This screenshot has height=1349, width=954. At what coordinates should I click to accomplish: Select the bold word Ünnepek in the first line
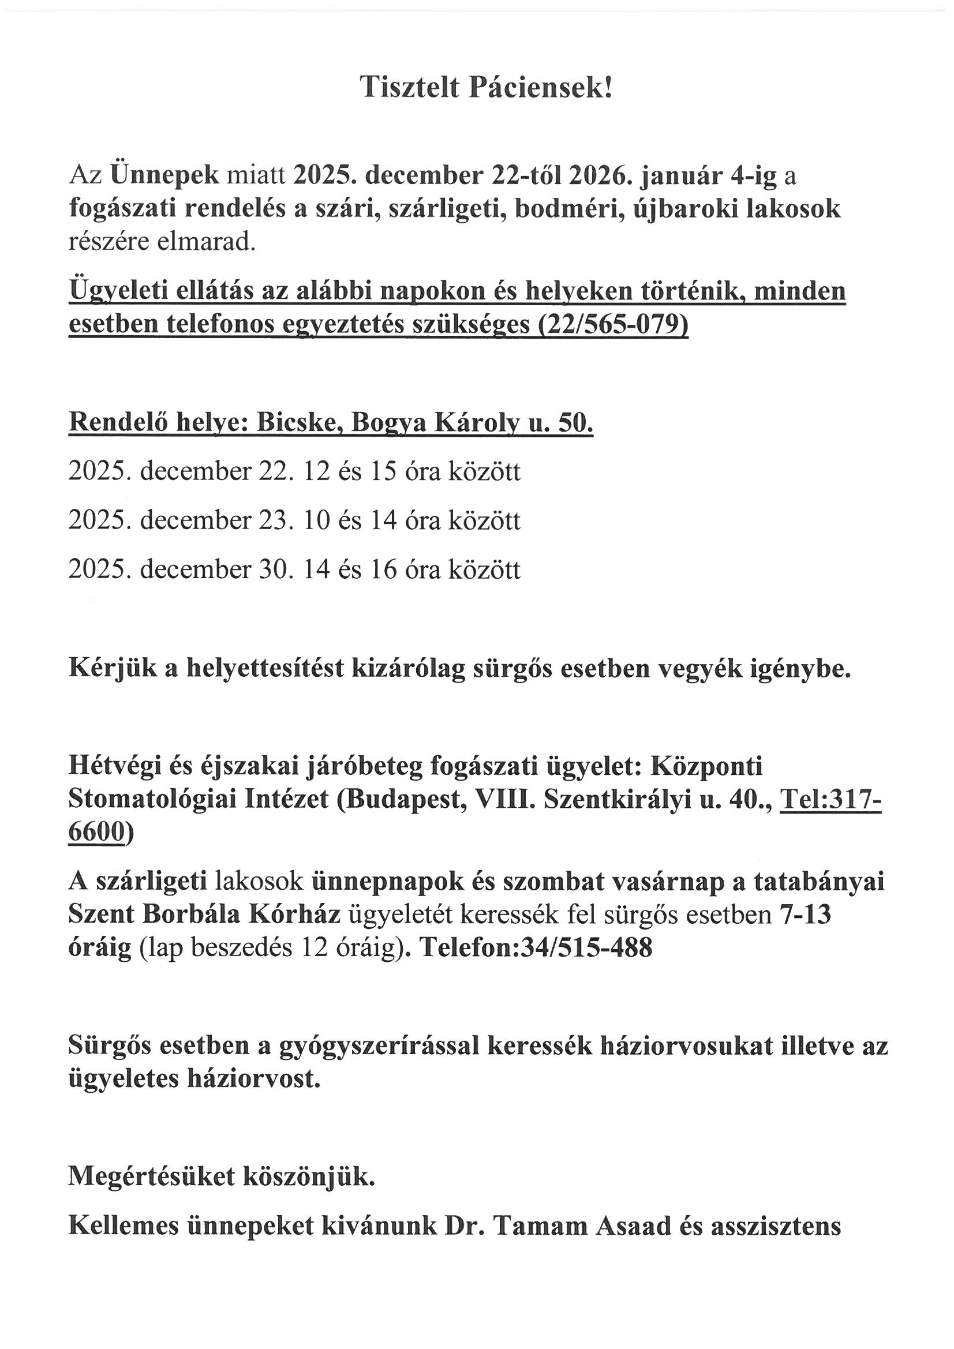[164, 175]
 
